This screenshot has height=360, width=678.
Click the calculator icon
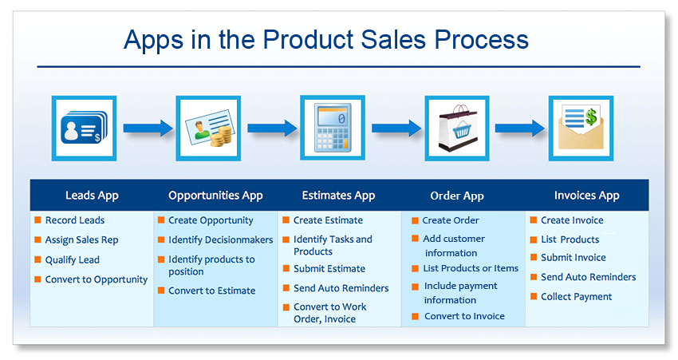[x=333, y=128]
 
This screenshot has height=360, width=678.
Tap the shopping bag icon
[x=458, y=128]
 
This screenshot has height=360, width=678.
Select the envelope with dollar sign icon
[x=581, y=128]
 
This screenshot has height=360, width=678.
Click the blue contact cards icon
[x=84, y=128]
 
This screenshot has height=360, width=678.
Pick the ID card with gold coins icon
[x=208, y=128]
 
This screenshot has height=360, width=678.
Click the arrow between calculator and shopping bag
[x=396, y=128]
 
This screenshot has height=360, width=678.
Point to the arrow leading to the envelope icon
[x=519, y=128]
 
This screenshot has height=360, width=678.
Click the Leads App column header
[x=92, y=196]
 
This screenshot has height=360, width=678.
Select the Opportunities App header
[x=216, y=196]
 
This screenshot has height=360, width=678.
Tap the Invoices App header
[x=587, y=196]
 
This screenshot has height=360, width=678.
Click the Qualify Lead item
[x=73, y=259]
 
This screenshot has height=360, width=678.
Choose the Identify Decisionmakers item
[x=220, y=239]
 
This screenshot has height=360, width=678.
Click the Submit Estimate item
[x=329, y=269]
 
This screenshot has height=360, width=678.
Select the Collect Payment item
[x=576, y=297]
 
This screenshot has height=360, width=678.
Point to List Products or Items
[x=471, y=268]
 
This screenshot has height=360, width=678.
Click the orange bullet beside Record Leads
[x=38, y=220]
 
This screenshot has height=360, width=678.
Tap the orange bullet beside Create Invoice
[x=534, y=220]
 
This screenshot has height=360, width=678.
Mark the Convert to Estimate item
[x=212, y=291]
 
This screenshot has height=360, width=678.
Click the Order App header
[x=457, y=196]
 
